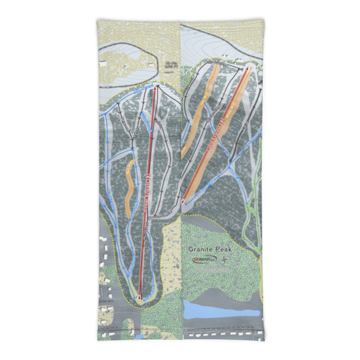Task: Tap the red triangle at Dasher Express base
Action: tap(139, 297)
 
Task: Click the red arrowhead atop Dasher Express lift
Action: tap(155, 89)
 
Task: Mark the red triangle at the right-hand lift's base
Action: tap(183, 201)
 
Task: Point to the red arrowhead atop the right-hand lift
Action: tap(247, 69)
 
